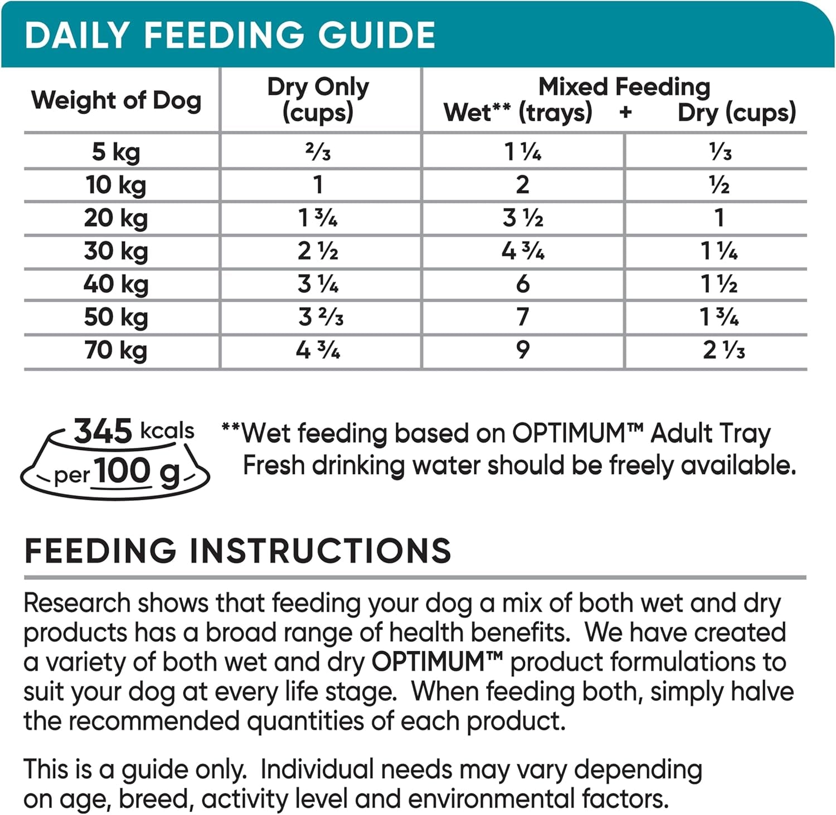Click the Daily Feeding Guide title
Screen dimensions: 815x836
coord(230,35)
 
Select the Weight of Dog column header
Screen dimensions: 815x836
coord(116,100)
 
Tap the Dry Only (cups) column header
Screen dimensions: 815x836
coord(318,99)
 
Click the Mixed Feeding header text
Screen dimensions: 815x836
coord(624,87)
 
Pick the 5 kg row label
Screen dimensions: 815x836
coord(116,152)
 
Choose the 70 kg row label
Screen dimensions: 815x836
coord(116,350)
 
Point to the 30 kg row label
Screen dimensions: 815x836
coord(116,251)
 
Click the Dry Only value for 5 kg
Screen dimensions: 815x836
coord(318,152)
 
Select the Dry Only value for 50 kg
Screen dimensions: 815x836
coord(320,317)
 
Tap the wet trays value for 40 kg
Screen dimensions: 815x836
coord(522,284)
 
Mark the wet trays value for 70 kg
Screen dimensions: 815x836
coord(522,350)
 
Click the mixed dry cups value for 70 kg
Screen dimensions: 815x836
coord(723,350)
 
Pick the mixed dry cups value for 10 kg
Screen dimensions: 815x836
coord(719,185)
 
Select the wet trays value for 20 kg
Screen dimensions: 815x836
coord(522,218)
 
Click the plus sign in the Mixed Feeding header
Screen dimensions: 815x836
coord(625,113)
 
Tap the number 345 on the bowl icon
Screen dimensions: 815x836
coord(103,431)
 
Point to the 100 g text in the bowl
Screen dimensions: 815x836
coord(137,472)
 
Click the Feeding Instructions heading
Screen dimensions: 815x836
coord(237,551)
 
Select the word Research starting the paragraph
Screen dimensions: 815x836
coord(77,603)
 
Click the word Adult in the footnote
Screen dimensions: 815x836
coord(681,433)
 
